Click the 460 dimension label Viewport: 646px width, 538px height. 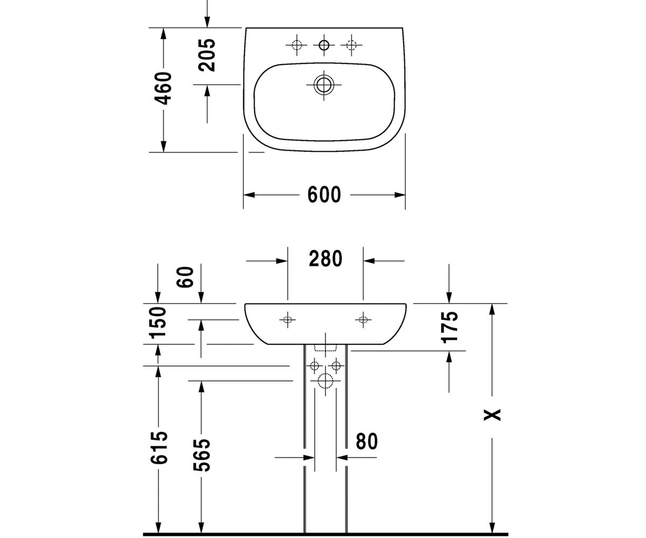coord(163,88)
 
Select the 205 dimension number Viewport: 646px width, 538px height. coord(207,55)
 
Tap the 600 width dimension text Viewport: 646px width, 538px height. coord(324,194)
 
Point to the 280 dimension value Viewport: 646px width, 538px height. coord(326,258)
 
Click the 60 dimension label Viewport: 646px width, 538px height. coord(185,277)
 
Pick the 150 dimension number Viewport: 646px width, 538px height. coord(158,322)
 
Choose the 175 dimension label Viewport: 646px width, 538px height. coord(449,328)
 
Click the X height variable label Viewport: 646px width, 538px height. coord(492,415)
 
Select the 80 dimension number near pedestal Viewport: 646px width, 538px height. coord(367,441)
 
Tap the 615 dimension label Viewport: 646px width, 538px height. coord(159,447)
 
